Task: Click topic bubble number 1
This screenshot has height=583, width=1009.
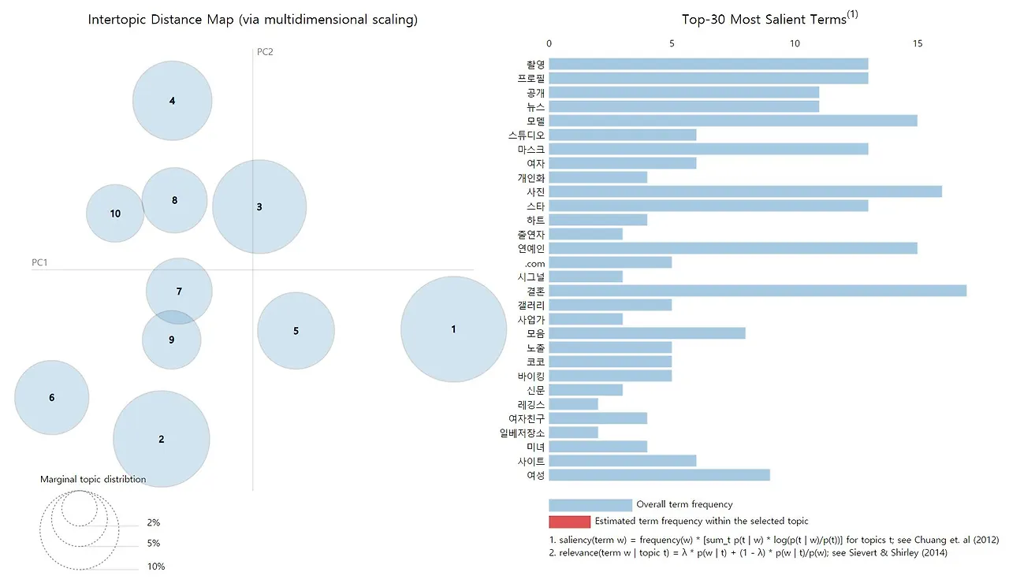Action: [453, 329]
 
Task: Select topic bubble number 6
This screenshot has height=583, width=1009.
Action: [52, 397]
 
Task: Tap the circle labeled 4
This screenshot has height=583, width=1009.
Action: [172, 101]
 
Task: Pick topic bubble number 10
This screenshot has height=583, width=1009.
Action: [115, 214]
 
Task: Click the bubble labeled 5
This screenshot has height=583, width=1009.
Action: [296, 331]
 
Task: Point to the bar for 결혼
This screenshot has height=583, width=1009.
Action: [757, 291]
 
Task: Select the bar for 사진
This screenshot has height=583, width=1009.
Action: [745, 191]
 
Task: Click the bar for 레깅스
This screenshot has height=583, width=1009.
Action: [573, 404]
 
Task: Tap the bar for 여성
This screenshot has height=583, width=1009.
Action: [659, 475]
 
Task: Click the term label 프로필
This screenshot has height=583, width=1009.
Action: [531, 78]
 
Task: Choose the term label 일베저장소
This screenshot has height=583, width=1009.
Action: [525, 433]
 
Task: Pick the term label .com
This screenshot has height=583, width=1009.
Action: [534, 262]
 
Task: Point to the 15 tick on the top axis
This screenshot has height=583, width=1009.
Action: [917, 44]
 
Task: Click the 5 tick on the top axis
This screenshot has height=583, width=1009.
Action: [672, 44]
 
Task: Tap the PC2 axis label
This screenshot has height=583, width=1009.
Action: [265, 52]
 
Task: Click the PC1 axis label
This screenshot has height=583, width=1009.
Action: [39, 262]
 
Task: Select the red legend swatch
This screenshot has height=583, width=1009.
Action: [569, 522]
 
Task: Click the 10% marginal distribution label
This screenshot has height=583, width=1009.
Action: [155, 566]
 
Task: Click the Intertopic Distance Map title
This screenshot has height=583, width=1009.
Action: [252, 20]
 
